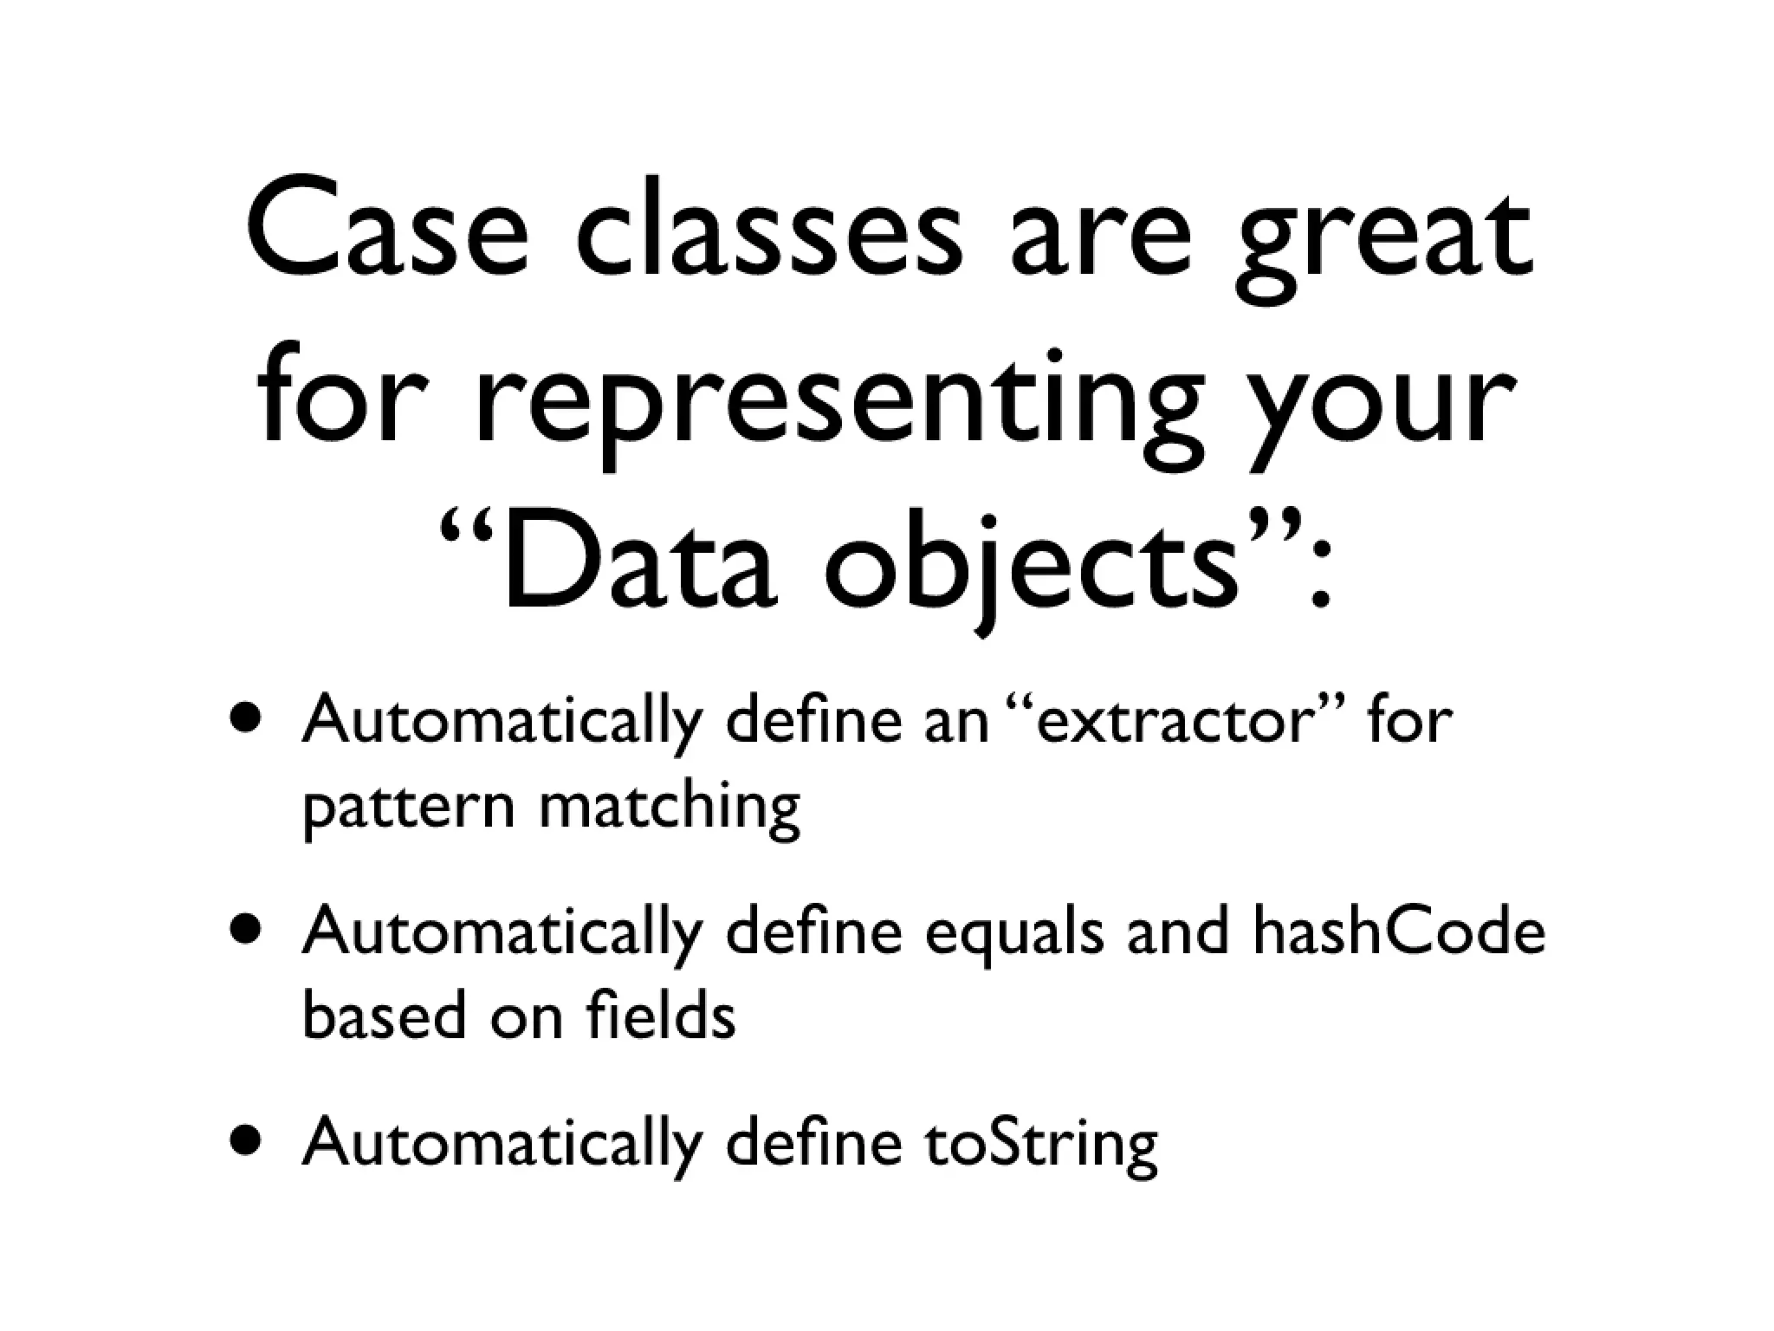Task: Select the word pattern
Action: click(x=408, y=809)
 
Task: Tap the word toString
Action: click(x=1040, y=1144)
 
